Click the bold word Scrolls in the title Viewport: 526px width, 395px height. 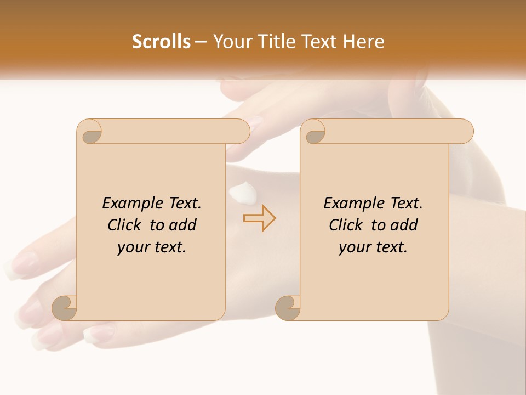pos(161,41)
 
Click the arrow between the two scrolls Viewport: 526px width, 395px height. pos(259,218)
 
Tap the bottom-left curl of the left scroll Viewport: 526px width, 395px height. pos(65,308)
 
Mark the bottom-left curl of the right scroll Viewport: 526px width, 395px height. pos(288,308)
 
